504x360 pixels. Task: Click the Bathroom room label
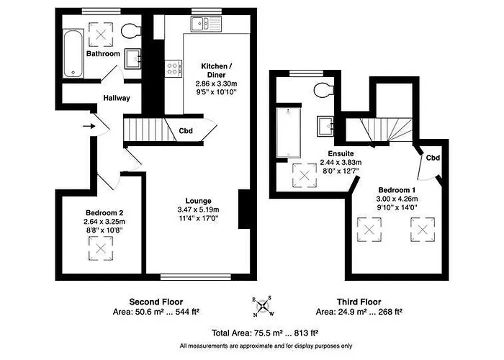pos(103,54)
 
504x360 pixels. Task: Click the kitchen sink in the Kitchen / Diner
pos(204,24)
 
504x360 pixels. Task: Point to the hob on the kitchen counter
pos(174,68)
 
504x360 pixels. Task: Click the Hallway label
pos(117,98)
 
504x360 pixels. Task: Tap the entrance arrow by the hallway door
pos(89,127)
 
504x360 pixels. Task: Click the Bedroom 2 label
pos(104,213)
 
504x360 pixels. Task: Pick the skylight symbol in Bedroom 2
pos(101,249)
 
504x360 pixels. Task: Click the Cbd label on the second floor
pos(186,130)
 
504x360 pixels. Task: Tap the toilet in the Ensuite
pos(325,90)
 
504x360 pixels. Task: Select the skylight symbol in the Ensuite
pos(302,176)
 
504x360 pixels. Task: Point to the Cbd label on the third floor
pos(433,158)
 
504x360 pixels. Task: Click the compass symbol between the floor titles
pos(262,307)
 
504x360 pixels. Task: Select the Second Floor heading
pos(156,302)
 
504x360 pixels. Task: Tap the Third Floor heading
pos(359,302)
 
